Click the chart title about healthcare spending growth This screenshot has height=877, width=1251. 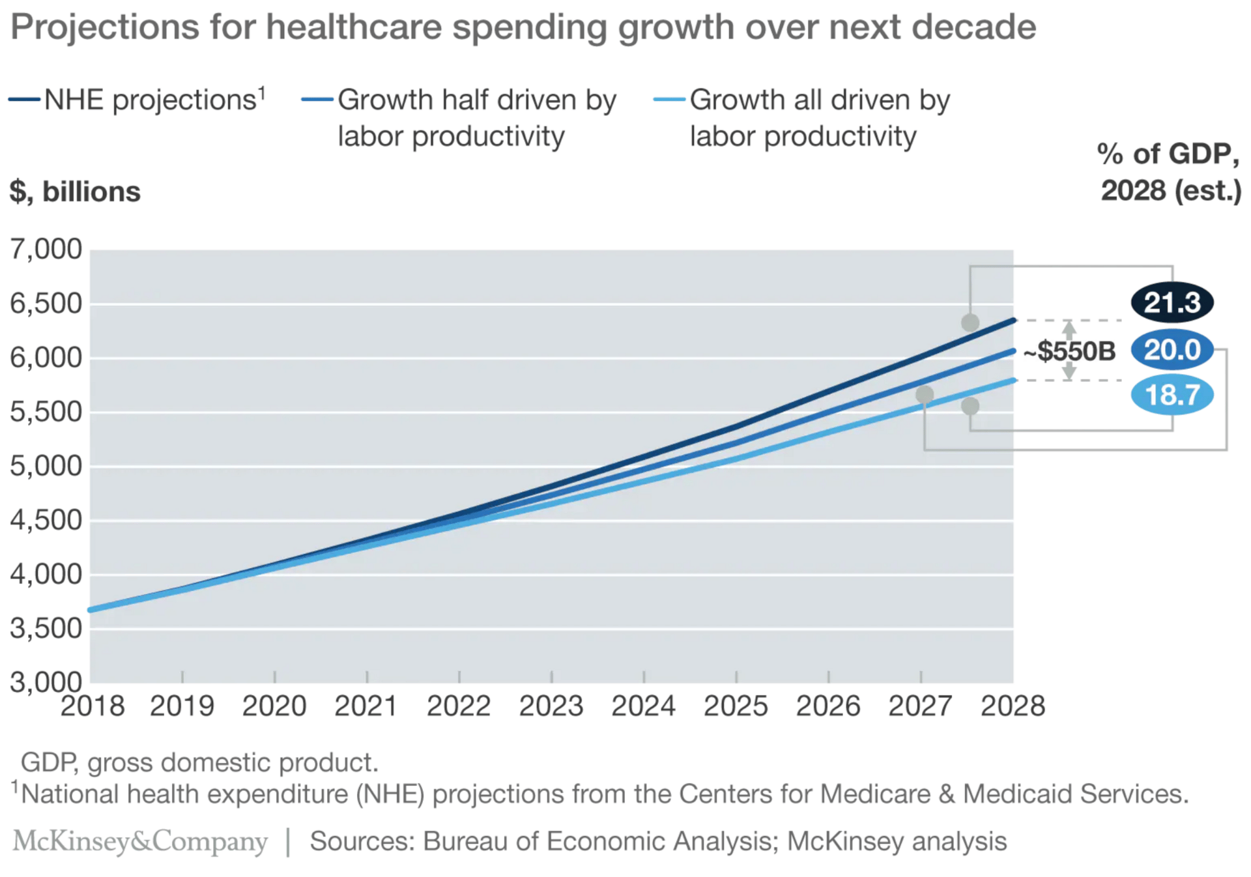[x=523, y=27]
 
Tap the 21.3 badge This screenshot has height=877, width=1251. [x=1172, y=303]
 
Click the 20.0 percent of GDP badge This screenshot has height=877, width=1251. [x=1172, y=350]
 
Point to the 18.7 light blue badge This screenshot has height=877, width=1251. [x=1172, y=395]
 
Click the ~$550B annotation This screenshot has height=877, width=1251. [x=1069, y=351]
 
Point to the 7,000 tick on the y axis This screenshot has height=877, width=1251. [x=46, y=250]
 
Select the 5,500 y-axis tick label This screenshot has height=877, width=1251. [x=46, y=412]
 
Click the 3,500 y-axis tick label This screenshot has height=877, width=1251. [x=46, y=628]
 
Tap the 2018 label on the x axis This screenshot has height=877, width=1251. [x=93, y=706]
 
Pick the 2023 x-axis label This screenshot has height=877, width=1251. [x=551, y=706]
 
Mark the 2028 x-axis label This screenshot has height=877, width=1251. [x=1013, y=706]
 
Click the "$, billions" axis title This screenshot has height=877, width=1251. [x=75, y=192]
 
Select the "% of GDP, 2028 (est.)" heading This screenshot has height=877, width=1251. [x=1170, y=173]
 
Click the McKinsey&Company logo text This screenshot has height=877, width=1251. [x=140, y=841]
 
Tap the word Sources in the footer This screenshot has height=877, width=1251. [x=362, y=841]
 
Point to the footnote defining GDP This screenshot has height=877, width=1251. [x=199, y=762]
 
